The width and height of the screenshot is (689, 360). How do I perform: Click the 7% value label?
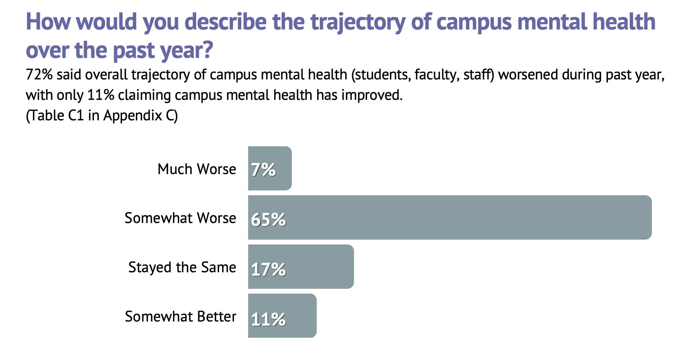tap(263, 170)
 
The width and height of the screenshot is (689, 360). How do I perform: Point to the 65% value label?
tap(268, 219)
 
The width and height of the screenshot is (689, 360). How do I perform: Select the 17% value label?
tap(268, 269)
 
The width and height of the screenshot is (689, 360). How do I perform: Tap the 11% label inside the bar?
tap(268, 319)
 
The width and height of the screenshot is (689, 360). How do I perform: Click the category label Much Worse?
tap(197, 169)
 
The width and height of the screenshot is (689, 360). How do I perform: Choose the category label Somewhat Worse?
tap(180, 218)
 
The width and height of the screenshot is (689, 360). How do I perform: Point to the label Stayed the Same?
tap(182, 267)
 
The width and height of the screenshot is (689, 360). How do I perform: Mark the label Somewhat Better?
tap(180, 317)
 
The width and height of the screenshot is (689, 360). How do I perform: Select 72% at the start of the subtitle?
tap(39, 75)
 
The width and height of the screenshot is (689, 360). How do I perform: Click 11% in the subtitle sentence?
tap(101, 95)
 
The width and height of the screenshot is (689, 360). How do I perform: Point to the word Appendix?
tap(133, 115)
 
